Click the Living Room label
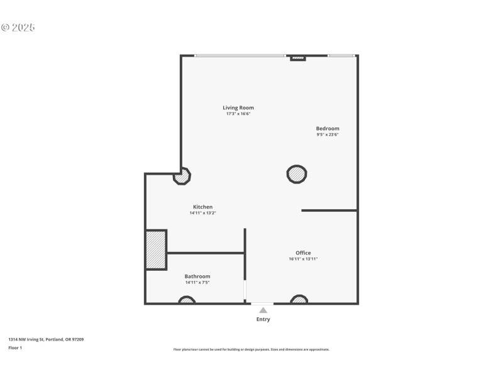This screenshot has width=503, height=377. click(238, 107)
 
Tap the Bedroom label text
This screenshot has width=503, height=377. click(328, 128)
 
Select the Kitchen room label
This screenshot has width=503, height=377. click(202, 207)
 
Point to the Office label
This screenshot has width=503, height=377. click(303, 253)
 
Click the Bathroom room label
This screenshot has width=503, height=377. click(197, 276)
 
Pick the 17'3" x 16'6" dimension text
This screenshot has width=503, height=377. click(238, 114)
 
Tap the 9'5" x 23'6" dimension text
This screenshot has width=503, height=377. click(328, 134)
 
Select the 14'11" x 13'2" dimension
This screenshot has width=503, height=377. click(202, 213)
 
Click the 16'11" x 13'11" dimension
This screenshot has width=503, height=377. click(303, 259)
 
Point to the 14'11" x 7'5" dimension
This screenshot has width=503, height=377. click(197, 283)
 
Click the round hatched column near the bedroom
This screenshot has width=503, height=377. click(297, 174)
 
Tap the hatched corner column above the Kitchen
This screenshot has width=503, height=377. click(182, 176)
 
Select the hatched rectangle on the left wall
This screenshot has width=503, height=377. click(156, 250)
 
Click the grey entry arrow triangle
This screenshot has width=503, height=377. click(263, 310)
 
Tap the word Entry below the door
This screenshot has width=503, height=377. click(263, 319)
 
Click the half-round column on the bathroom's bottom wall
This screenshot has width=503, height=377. click(187, 300)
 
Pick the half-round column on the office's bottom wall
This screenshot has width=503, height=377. click(299, 300)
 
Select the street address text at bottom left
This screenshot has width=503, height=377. click(46, 339)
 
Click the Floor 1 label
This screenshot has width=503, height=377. click(15, 347)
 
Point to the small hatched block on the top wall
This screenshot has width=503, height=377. click(297, 58)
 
